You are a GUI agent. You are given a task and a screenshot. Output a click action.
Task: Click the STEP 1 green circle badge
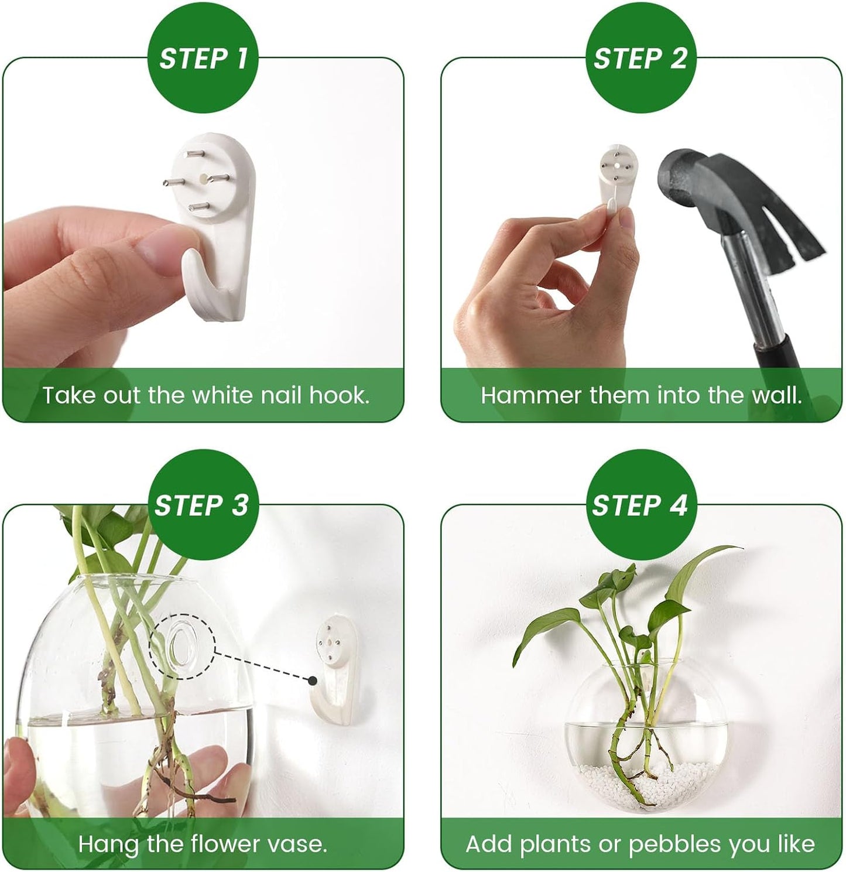click(203, 59)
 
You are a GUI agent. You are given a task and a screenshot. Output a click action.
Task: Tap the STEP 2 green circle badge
click(641, 59)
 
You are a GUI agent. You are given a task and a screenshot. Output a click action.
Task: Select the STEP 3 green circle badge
click(203, 505)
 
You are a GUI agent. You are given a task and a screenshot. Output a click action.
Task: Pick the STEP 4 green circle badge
click(641, 505)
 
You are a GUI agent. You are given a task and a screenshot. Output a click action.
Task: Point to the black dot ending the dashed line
click(313, 680)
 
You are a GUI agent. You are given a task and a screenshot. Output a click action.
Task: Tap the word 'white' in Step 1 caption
click(223, 395)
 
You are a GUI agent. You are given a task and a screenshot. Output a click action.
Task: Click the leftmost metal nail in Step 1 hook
click(173, 182)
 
